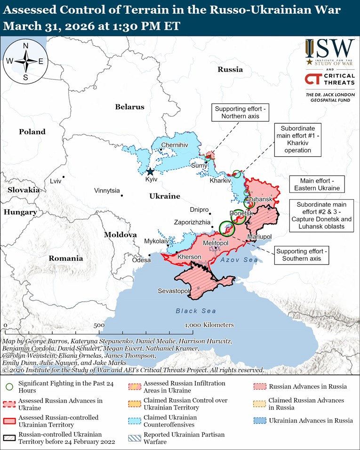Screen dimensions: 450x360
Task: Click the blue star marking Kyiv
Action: tap(150, 172)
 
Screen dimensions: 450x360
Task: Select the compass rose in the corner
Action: tap(25, 61)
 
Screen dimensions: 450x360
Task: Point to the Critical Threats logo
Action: tap(329, 79)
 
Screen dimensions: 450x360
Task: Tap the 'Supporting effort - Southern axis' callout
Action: tap(302, 255)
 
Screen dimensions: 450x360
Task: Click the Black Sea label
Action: tap(196, 311)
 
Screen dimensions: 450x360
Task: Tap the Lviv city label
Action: tap(55, 181)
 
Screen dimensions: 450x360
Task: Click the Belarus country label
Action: tap(129, 107)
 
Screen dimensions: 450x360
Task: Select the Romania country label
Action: tap(65, 258)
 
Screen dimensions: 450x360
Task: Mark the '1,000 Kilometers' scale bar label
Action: tap(209, 325)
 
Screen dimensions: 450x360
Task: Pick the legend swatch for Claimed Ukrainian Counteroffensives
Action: tap(134, 421)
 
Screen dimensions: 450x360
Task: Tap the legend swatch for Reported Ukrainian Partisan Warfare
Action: tap(134, 438)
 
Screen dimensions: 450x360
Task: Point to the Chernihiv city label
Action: tap(174, 145)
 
